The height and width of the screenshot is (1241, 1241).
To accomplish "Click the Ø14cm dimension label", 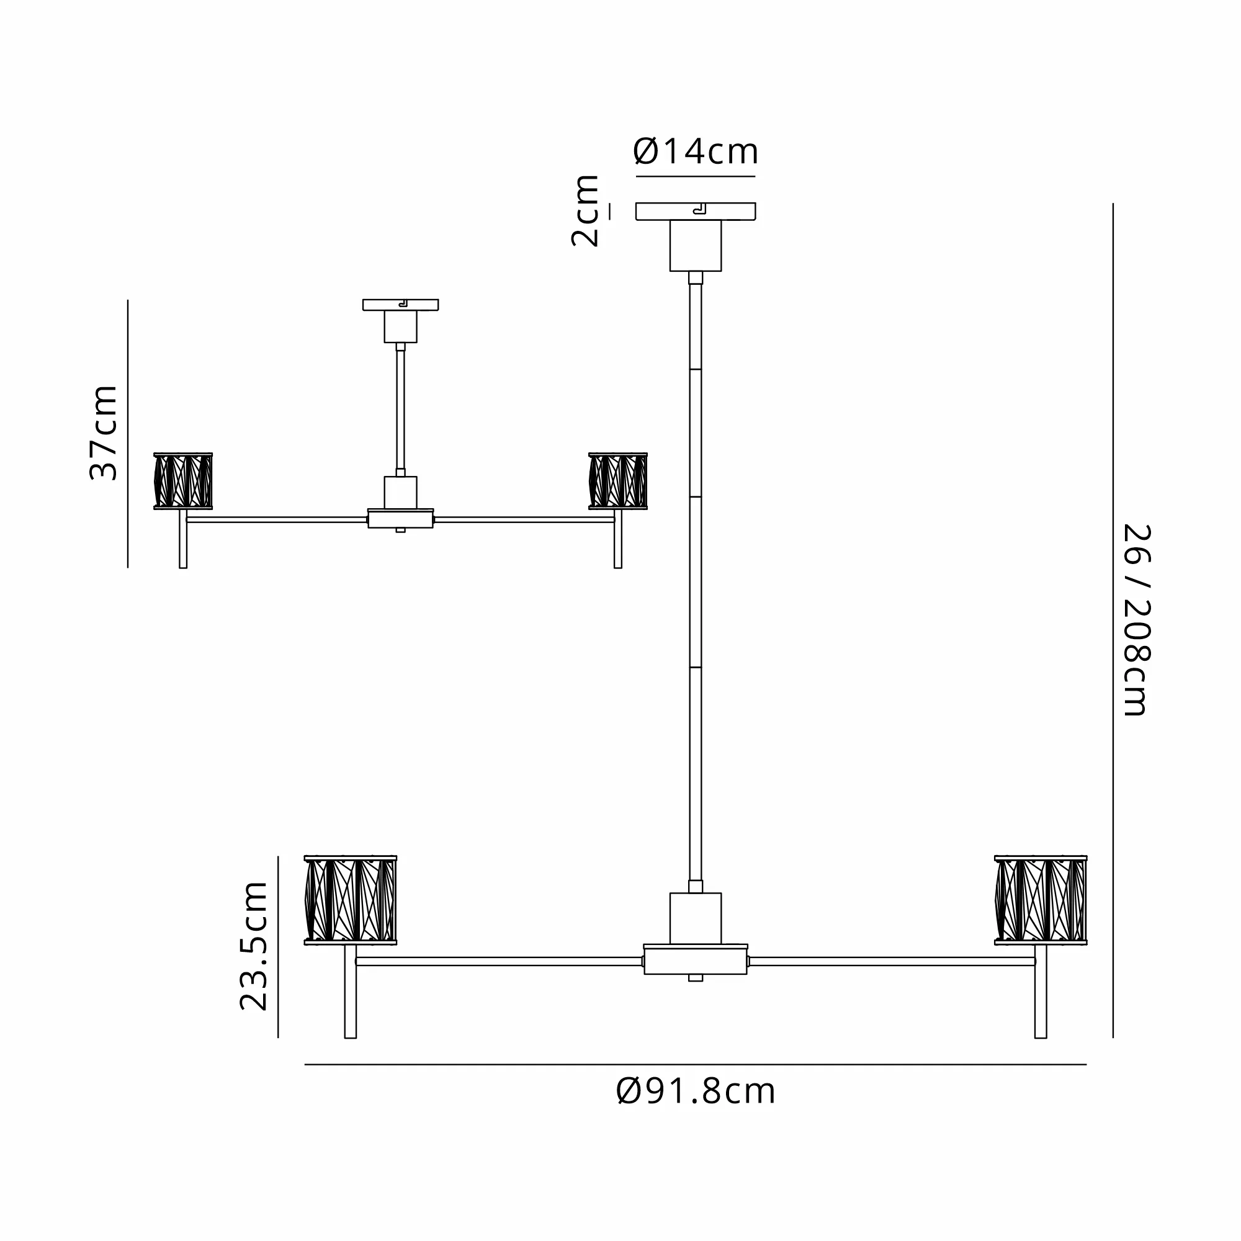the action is tap(696, 151).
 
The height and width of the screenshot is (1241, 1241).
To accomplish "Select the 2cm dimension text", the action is tap(585, 211).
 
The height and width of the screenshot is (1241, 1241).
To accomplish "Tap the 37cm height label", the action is tap(104, 433).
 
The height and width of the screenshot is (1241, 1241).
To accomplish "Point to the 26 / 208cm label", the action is tap(1136, 620).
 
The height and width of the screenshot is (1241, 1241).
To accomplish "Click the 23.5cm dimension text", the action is tap(254, 946).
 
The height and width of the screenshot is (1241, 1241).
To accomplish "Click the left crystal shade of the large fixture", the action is tap(350, 900).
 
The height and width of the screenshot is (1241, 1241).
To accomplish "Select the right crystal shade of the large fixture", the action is tap(1041, 900).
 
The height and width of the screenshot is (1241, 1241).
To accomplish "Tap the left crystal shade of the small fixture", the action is tap(183, 481).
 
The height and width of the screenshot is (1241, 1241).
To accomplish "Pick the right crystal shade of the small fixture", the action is tap(618, 481).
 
